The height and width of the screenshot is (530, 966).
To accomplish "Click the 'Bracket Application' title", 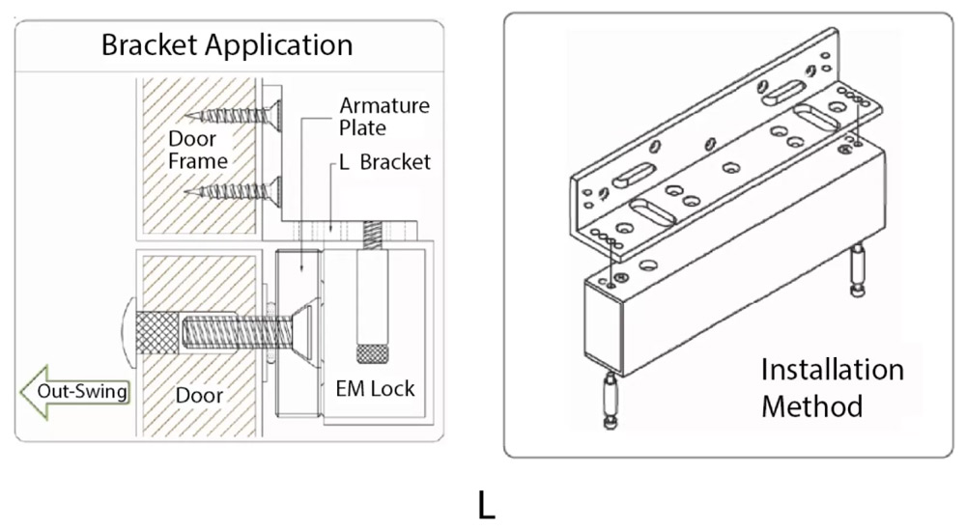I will coord(227,44).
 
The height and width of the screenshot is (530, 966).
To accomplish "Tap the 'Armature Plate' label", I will coord(384,116).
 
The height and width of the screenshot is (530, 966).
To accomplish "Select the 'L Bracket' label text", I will coord(384,162).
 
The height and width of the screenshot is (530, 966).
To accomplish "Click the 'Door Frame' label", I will coord(197,150).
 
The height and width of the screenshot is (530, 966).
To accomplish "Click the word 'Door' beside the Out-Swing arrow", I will coord(199,395).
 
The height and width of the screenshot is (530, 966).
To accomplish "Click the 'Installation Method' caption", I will coord(832,387).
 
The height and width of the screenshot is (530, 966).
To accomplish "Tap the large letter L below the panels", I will coord(486,505).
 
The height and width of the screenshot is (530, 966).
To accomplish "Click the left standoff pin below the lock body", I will coord(610,403).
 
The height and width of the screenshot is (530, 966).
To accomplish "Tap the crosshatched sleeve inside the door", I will coord(157,332).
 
